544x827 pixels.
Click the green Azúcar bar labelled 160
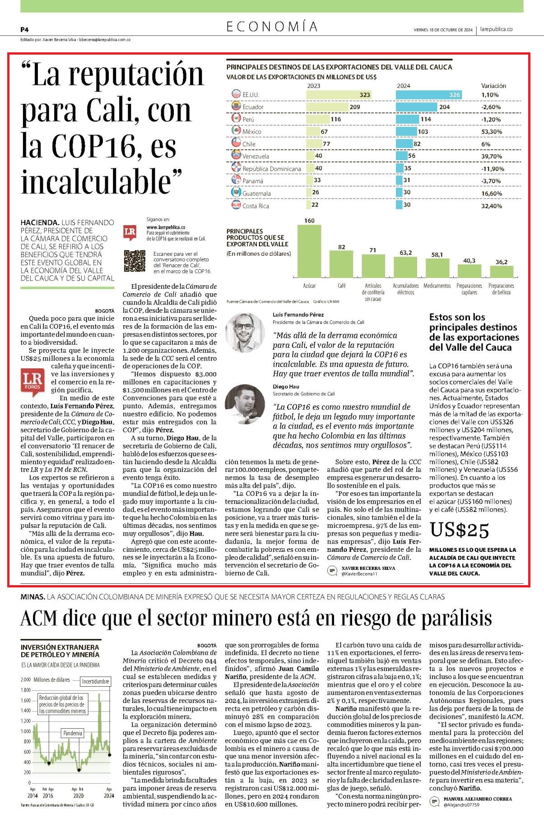tap(309, 251)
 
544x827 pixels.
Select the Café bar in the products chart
tap(341, 264)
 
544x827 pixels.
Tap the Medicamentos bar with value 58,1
tap(437, 268)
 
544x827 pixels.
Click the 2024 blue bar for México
tap(406, 132)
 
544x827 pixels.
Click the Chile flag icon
tap(236, 143)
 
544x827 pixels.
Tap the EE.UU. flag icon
tap(236, 94)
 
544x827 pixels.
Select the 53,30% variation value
tap(492, 132)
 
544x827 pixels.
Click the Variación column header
tap(493, 86)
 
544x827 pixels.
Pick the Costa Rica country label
tap(256, 206)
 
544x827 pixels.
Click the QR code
tap(135, 261)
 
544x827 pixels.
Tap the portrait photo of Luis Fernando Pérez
tap(245, 333)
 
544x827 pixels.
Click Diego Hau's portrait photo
tap(245, 403)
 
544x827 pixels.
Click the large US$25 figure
tap(459, 530)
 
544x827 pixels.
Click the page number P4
tap(24, 29)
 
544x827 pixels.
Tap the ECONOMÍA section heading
tap(272, 27)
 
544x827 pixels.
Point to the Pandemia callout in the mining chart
tap(73, 733)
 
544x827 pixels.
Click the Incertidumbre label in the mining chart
tap(96, 681)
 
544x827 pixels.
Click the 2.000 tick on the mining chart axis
tap(25, 680)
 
